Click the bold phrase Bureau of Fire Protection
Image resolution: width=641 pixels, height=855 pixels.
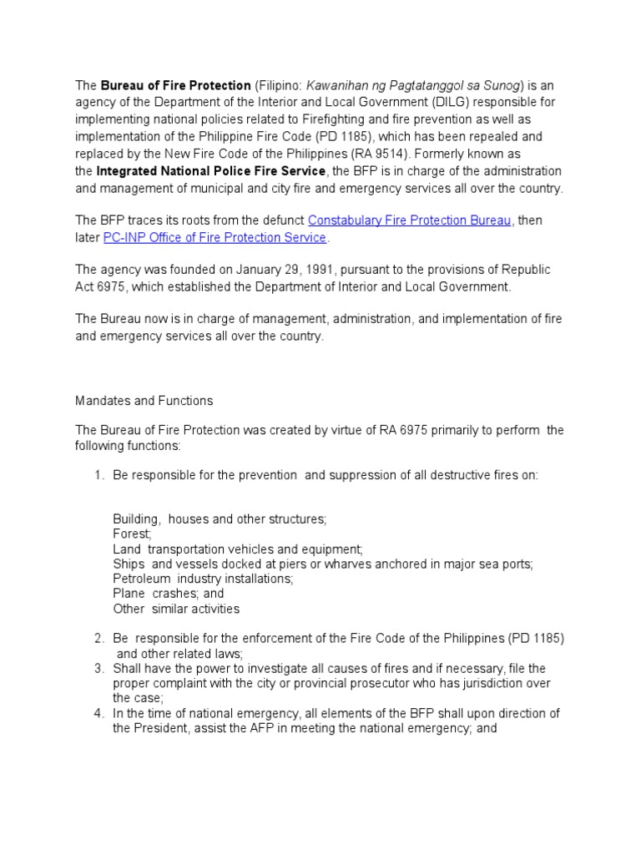[x=176, y=85]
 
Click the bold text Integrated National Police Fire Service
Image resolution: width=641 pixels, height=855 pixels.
[x=210, y=171]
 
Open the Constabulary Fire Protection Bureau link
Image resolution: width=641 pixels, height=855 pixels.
[x=410, y=220]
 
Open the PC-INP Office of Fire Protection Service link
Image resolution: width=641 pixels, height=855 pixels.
[x=215, y=238]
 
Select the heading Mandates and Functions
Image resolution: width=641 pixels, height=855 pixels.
[x=144, y=401]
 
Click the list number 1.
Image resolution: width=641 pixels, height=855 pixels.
[x=98, y=475]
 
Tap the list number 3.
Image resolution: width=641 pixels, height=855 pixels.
[x=98, y=668]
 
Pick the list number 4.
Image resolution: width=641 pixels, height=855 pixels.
[x=98, y=713]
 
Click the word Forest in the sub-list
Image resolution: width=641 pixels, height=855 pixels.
[x=132, y=534]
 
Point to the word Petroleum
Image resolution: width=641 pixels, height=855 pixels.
[x=142, y=579]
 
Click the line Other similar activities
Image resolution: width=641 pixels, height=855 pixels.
[x=176, y=609]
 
